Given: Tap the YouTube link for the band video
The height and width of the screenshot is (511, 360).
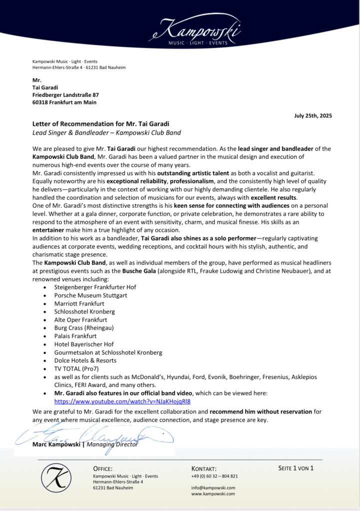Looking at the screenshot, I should pyautogui.click(x=123, y=401).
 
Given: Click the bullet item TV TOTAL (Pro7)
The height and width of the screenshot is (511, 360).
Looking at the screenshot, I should pyautogui.click(x=76, y=368).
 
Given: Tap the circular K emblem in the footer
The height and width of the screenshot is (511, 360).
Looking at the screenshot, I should pyautogui.click(x=56, y=479).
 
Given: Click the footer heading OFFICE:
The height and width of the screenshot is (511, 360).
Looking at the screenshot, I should pyautogui.click(x=103, y=469).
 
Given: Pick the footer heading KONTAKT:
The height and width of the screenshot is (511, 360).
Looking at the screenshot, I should pyautogui.click(x=204, y=469).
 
